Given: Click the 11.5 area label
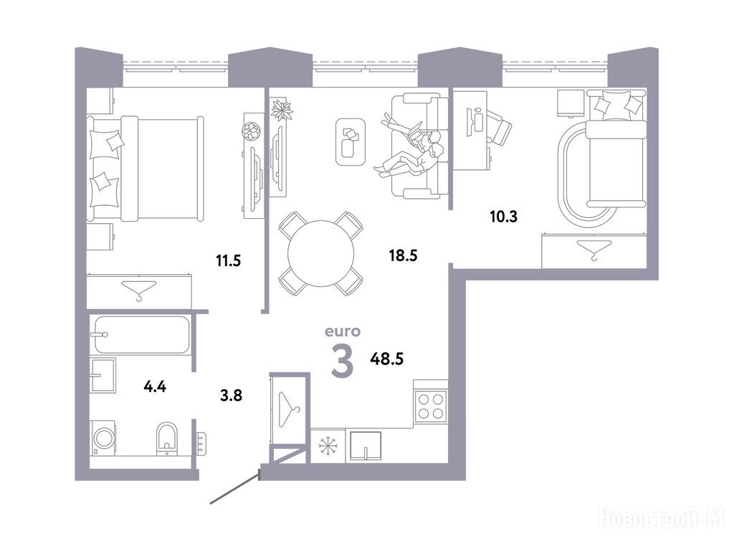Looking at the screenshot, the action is (229, 260).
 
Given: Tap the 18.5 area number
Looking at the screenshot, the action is (403, 255).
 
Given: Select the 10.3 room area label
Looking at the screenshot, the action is (503, 217).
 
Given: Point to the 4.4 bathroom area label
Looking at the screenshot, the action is (155, 387).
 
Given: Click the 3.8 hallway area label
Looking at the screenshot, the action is (232, 395).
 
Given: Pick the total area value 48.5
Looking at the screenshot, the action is (386, 359).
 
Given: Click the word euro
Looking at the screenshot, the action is (343, 331).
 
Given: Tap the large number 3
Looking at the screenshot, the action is (342, 360).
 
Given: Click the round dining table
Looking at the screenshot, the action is (320, 253).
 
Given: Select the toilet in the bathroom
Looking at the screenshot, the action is (166, 438).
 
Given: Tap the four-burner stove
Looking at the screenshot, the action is (431, 406).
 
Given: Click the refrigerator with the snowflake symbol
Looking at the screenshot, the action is (328, 446).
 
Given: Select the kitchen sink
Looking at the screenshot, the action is (366, 446).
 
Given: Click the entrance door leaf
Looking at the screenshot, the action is (235, 488).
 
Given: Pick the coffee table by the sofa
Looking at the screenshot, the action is (350, 141).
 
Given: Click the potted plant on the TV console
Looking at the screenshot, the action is (282, 110).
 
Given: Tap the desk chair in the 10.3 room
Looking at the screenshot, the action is (500, 126).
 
